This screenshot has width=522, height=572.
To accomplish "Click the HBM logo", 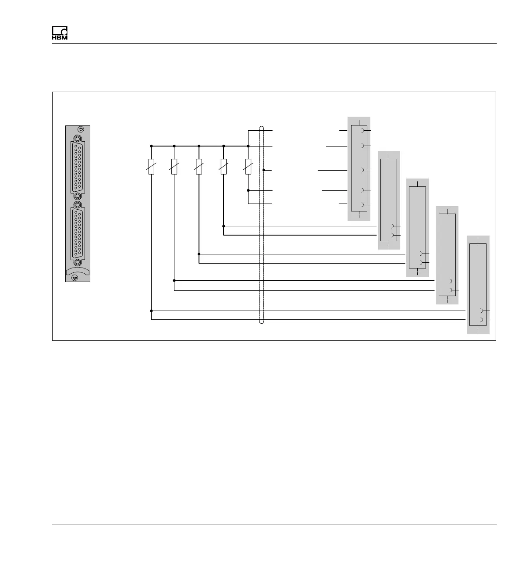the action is pos(60,33).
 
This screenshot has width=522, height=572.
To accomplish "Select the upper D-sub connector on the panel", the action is pos(78,166).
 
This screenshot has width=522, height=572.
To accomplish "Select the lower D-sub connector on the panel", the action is pos(78,232).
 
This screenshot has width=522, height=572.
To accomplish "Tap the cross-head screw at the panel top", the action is pos(80,129).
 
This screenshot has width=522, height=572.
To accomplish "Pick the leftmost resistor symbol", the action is pos(151,166).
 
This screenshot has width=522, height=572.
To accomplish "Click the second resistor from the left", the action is pos(174,166).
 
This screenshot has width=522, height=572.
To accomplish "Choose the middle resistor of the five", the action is pos(199,166).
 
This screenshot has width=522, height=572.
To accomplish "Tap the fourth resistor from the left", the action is pos(224,166).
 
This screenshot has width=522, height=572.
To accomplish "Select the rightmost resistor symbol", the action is pos(248,166).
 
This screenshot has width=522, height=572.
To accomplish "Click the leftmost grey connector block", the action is pos(359,169).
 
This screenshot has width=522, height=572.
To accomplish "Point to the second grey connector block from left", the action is pos(389,200).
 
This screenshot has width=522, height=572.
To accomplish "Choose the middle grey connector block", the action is pos(417,228).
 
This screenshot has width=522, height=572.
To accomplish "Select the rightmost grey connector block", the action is pos(478,285).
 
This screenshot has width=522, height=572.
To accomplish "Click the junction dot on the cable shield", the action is pos(264,170).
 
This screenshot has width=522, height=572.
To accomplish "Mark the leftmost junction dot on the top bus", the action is pos(151,146).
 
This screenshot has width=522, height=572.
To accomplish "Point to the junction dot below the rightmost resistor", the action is pos(248,190).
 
